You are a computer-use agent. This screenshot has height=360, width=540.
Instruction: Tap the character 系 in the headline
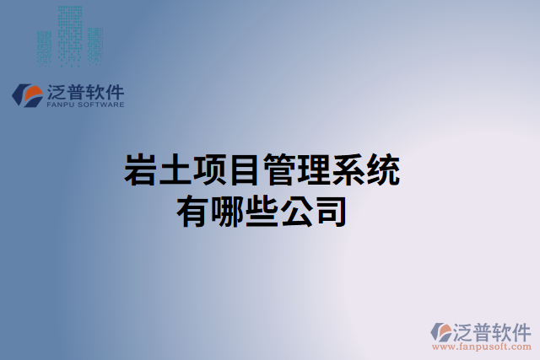pyautogui.click(x=348, y=170)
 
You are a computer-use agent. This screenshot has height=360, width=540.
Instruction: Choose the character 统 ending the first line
pyautogui.click(x=383, y=170)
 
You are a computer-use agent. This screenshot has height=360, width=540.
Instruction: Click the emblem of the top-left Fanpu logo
pyautogui.click(x=27, y=94)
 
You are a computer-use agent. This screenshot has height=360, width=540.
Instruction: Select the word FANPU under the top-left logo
pyautogui.click(x=59, y=105)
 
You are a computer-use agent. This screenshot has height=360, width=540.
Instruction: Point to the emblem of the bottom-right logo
pyautogui.click(x=441, y=331)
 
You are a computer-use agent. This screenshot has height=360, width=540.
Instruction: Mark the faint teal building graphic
pyautogui.click(x=69, y=35)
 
